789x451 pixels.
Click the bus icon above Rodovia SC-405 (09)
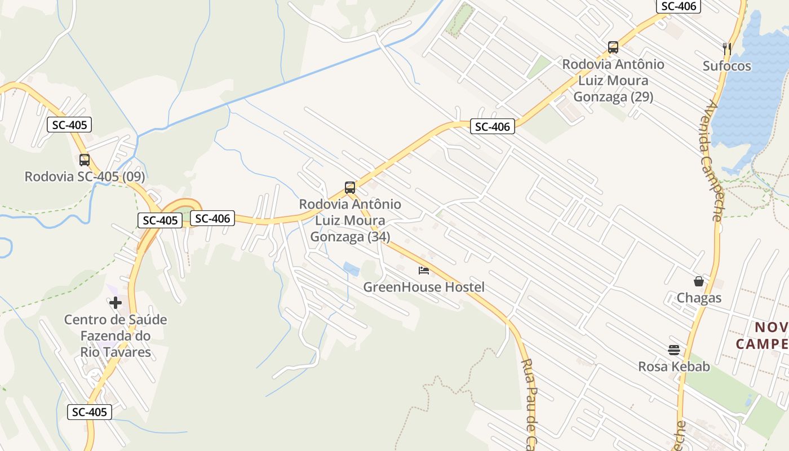[x=85, y=160]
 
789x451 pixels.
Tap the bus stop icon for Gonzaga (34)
[x=350, y=188]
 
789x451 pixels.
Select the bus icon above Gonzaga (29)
[x=613, y=47]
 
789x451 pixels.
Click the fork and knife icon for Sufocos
[x=727, y=49]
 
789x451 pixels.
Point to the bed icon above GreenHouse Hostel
[x=424, y=271]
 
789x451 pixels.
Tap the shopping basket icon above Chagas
[x=699, y=281]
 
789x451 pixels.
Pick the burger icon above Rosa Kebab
[x=674, y=350]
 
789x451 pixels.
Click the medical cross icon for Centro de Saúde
[x=116, y=303]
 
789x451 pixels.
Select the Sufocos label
[x=727, y=67]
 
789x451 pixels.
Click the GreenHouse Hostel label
[x=424, y=288]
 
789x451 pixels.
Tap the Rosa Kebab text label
[x=674, y=367]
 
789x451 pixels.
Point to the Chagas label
[x=699, y=298]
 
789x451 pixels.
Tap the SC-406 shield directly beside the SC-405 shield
[x=212, y=218]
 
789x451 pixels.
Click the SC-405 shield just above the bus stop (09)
[x=69, y=125]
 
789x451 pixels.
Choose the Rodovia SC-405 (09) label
[x=85, y=177]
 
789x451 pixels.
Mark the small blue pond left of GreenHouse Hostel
[x=352, y=269]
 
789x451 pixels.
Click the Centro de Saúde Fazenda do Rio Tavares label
[x=116, y=336]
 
